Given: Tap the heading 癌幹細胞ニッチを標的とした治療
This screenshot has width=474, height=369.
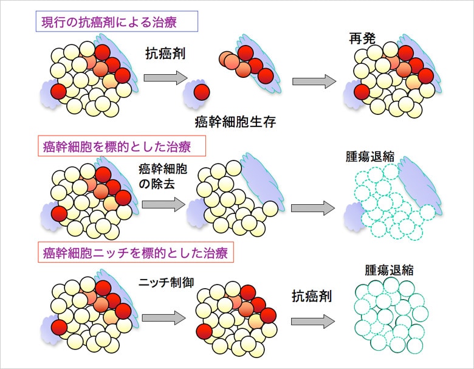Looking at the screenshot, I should click(136, 252).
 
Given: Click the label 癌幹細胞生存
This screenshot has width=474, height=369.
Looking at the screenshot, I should click(236, 122).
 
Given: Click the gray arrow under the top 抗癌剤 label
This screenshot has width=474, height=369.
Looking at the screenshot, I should click(165, 78).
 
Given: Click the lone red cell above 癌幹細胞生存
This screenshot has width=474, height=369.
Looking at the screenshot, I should click(201, 93).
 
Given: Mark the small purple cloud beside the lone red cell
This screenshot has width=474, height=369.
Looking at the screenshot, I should click(193, 97).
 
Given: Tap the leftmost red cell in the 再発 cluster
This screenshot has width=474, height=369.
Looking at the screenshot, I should click(362, 92).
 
